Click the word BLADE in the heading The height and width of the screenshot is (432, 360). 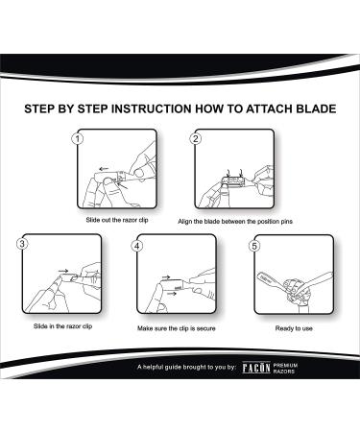304,108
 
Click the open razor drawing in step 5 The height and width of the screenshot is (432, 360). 297,282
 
